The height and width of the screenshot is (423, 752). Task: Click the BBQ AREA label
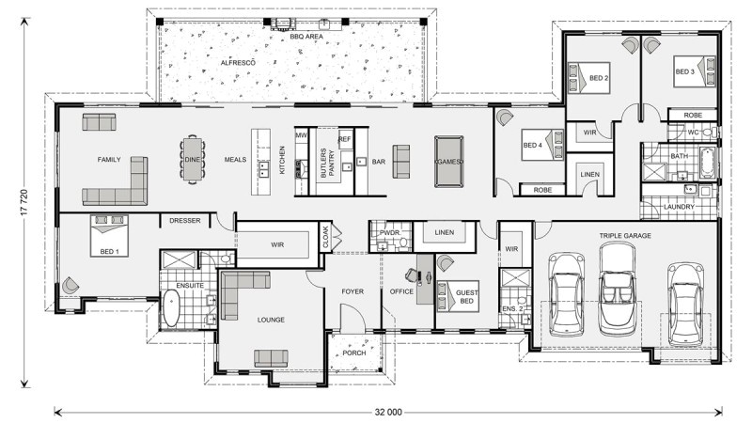306,37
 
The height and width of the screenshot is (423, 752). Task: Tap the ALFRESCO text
238,61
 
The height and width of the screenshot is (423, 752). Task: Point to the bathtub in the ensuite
172,308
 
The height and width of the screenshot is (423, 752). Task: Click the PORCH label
354,353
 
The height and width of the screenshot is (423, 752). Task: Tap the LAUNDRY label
678,206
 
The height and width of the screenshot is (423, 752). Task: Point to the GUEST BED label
466,297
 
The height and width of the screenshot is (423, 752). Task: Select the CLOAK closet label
326,236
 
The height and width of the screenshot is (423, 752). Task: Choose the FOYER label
352,291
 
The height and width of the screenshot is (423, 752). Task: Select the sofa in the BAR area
402,161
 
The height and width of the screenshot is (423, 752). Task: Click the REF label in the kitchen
344,138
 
